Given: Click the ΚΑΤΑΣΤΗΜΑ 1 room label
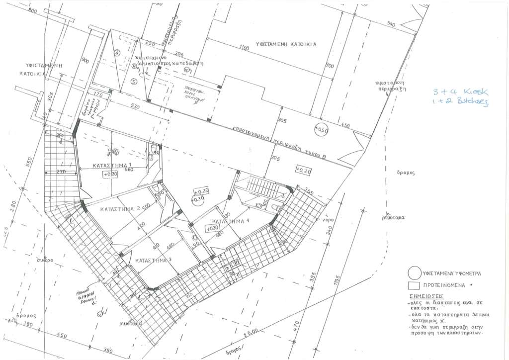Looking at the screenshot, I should pyautogui.click(x=111, y=165).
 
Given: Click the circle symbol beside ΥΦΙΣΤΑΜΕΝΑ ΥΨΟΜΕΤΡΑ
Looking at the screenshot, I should pyautogui.click(x=412, y=273).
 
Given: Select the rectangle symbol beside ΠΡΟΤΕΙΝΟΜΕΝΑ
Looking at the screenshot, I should pyautogui.click(x=412, y=286).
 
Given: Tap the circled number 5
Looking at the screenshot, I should pyautogui.click(x=133, y=81).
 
